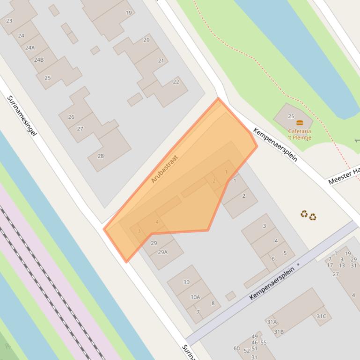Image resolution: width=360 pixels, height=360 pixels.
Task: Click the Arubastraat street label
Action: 165,169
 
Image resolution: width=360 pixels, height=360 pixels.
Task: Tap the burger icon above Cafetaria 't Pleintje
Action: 300,123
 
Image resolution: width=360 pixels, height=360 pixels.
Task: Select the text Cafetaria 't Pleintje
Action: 300,135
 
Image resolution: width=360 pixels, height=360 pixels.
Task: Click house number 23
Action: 9,21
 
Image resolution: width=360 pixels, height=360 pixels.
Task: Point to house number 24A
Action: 30,48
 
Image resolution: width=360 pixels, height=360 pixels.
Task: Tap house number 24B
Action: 39,60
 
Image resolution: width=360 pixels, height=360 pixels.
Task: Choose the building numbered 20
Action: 147,40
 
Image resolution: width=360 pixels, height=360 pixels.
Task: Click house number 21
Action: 162,61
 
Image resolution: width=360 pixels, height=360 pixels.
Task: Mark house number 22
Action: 176,82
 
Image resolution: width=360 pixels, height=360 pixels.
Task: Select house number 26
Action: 71,117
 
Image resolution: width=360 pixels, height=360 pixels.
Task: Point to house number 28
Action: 101,156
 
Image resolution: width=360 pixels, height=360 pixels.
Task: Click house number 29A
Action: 162,252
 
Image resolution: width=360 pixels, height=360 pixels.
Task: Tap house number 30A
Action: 195,297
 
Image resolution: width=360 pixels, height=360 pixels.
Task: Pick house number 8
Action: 213,303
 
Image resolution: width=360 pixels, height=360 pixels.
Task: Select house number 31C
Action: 321,317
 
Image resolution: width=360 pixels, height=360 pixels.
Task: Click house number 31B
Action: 279,332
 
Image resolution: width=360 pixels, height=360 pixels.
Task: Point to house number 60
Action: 237,348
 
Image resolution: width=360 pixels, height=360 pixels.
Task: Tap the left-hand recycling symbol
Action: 304,214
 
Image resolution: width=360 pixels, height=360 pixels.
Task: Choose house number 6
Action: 273,259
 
